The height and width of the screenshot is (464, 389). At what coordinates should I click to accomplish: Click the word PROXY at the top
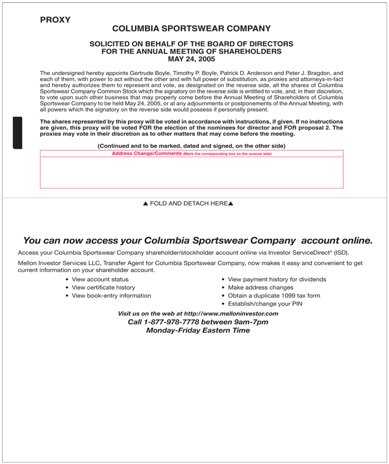55,19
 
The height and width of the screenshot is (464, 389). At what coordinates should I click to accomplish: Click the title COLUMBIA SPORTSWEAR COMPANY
192,29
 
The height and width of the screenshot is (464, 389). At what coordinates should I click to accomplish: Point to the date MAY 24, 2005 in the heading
192,59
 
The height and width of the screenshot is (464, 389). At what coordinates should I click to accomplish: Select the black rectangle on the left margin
17,132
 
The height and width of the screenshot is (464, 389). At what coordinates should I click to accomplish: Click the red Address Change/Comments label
146,154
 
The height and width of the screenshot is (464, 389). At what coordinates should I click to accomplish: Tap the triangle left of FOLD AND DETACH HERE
145,204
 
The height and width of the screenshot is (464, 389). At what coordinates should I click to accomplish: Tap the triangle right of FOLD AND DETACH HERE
231,204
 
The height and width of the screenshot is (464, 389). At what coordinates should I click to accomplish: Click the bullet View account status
100,280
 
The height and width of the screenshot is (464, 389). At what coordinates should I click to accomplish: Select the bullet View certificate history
104,288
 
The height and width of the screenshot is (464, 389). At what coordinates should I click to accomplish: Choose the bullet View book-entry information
112,296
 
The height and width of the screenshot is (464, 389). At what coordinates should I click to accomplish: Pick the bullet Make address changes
260,288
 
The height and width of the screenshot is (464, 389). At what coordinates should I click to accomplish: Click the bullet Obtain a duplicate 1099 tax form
274,296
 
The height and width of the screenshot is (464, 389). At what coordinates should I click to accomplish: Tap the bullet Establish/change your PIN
265,304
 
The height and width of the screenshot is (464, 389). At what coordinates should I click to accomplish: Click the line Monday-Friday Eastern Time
198,331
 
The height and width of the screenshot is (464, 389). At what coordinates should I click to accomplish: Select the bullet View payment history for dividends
277,280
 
